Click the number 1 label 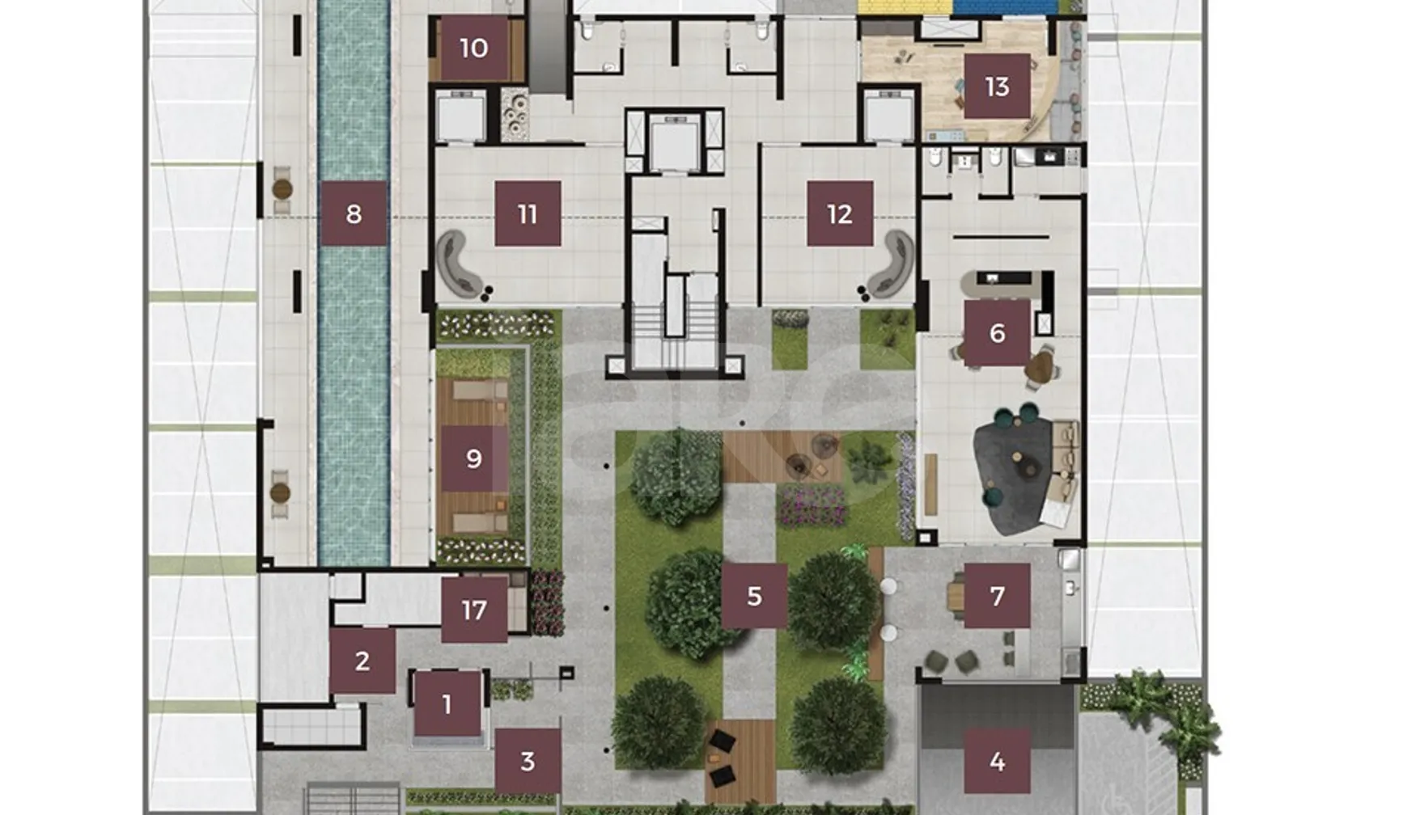(x=447, y=704)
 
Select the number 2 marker (x=362, y=661)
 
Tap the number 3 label (x=528, y=761)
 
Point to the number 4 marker (x=997, y=761)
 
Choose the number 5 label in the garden (x=754, y=596)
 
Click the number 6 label (x=997, y=332)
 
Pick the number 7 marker (x=997, y=596)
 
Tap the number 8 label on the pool (x=354, y=213)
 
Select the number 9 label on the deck (x=474, y=458)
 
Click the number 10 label (x=474, y=48)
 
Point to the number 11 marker (x=528, y=213)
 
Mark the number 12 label (x=840, y=213)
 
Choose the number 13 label (x=997, y=86)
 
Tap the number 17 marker (x=474, y=610)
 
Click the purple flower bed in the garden (x=812, y=505)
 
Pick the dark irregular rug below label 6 (x=1018, y=477)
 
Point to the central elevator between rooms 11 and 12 (x=674, y=142)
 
